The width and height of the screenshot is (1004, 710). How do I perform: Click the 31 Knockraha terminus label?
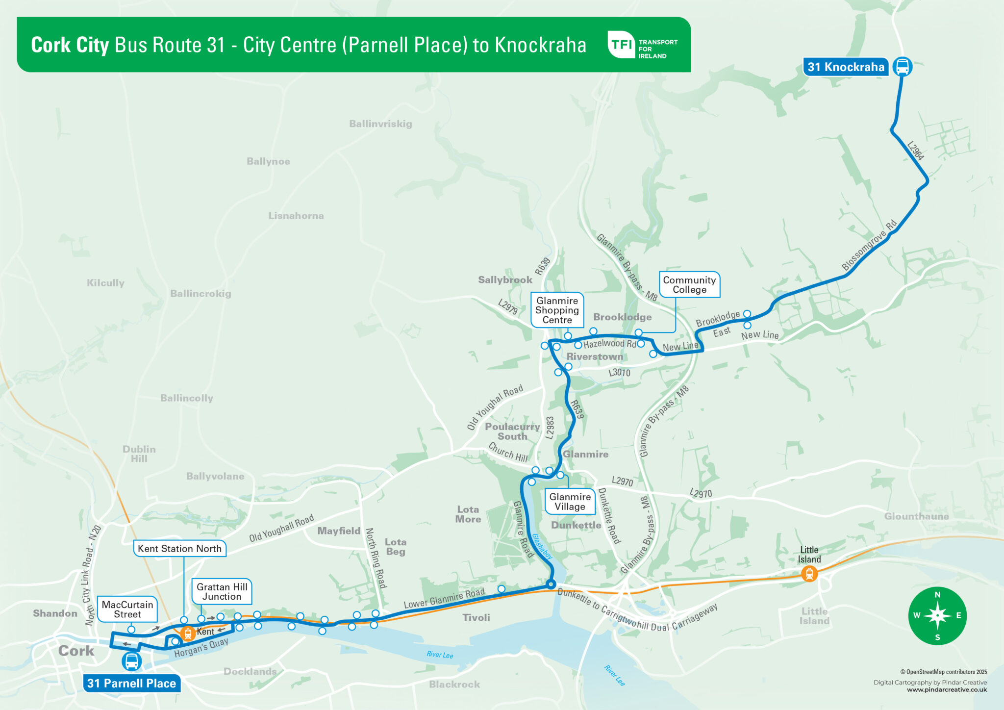coord(845,67)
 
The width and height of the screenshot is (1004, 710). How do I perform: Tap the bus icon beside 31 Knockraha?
coord(902,66)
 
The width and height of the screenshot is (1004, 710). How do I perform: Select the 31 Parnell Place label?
coord(131,684)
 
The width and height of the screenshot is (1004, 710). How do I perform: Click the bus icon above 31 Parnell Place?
coord(131,661)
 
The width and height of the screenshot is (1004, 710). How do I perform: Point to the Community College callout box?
coord(689,285)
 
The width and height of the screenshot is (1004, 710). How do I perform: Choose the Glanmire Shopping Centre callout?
coord(557,310)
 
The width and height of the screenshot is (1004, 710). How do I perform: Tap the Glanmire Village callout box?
coord(570,502)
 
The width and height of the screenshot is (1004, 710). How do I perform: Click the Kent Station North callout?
coord(179,549)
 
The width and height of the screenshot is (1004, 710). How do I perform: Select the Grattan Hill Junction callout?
coord(222,592)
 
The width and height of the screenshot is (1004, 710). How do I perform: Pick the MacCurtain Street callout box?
coord(127,609)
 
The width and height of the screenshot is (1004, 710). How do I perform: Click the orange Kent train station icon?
coord(188,633)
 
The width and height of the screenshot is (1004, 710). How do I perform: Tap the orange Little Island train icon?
coord(809,573)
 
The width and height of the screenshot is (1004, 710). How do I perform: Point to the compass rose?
coord(937,615)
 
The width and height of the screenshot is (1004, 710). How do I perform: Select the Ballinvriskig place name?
coord(380,124)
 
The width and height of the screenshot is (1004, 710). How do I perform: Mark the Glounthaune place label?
coord(916,516)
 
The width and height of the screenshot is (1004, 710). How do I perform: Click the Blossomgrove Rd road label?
coord(869,245)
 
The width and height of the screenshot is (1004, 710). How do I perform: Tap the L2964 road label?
coord(915,151)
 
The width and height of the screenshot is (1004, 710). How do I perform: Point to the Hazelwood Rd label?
coord(609,344)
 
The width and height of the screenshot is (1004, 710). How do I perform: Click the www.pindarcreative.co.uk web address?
coord(947,690)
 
